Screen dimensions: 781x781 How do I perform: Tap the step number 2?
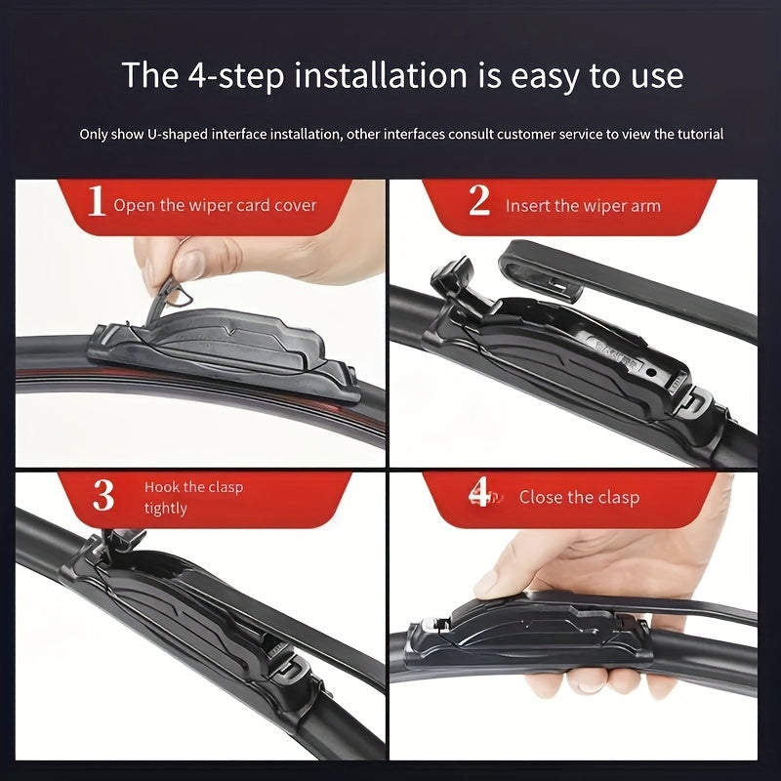pyautogui.click(x=478, y=201)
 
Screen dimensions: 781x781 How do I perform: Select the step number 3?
pyautogui.click(x=103, y=496)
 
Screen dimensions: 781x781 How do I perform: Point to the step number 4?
pyautogui.click(x=479, y=494)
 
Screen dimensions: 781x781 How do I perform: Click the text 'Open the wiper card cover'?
pyautogui.click(x=215, y=206)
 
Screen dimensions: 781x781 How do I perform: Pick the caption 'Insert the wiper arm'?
pyautogui.click(x=583, y=206)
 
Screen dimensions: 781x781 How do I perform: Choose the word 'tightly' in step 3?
pyautogui.click(x=165, y=509)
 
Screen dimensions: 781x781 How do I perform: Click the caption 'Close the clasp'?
pyautogui.click(x=579, y=498)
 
